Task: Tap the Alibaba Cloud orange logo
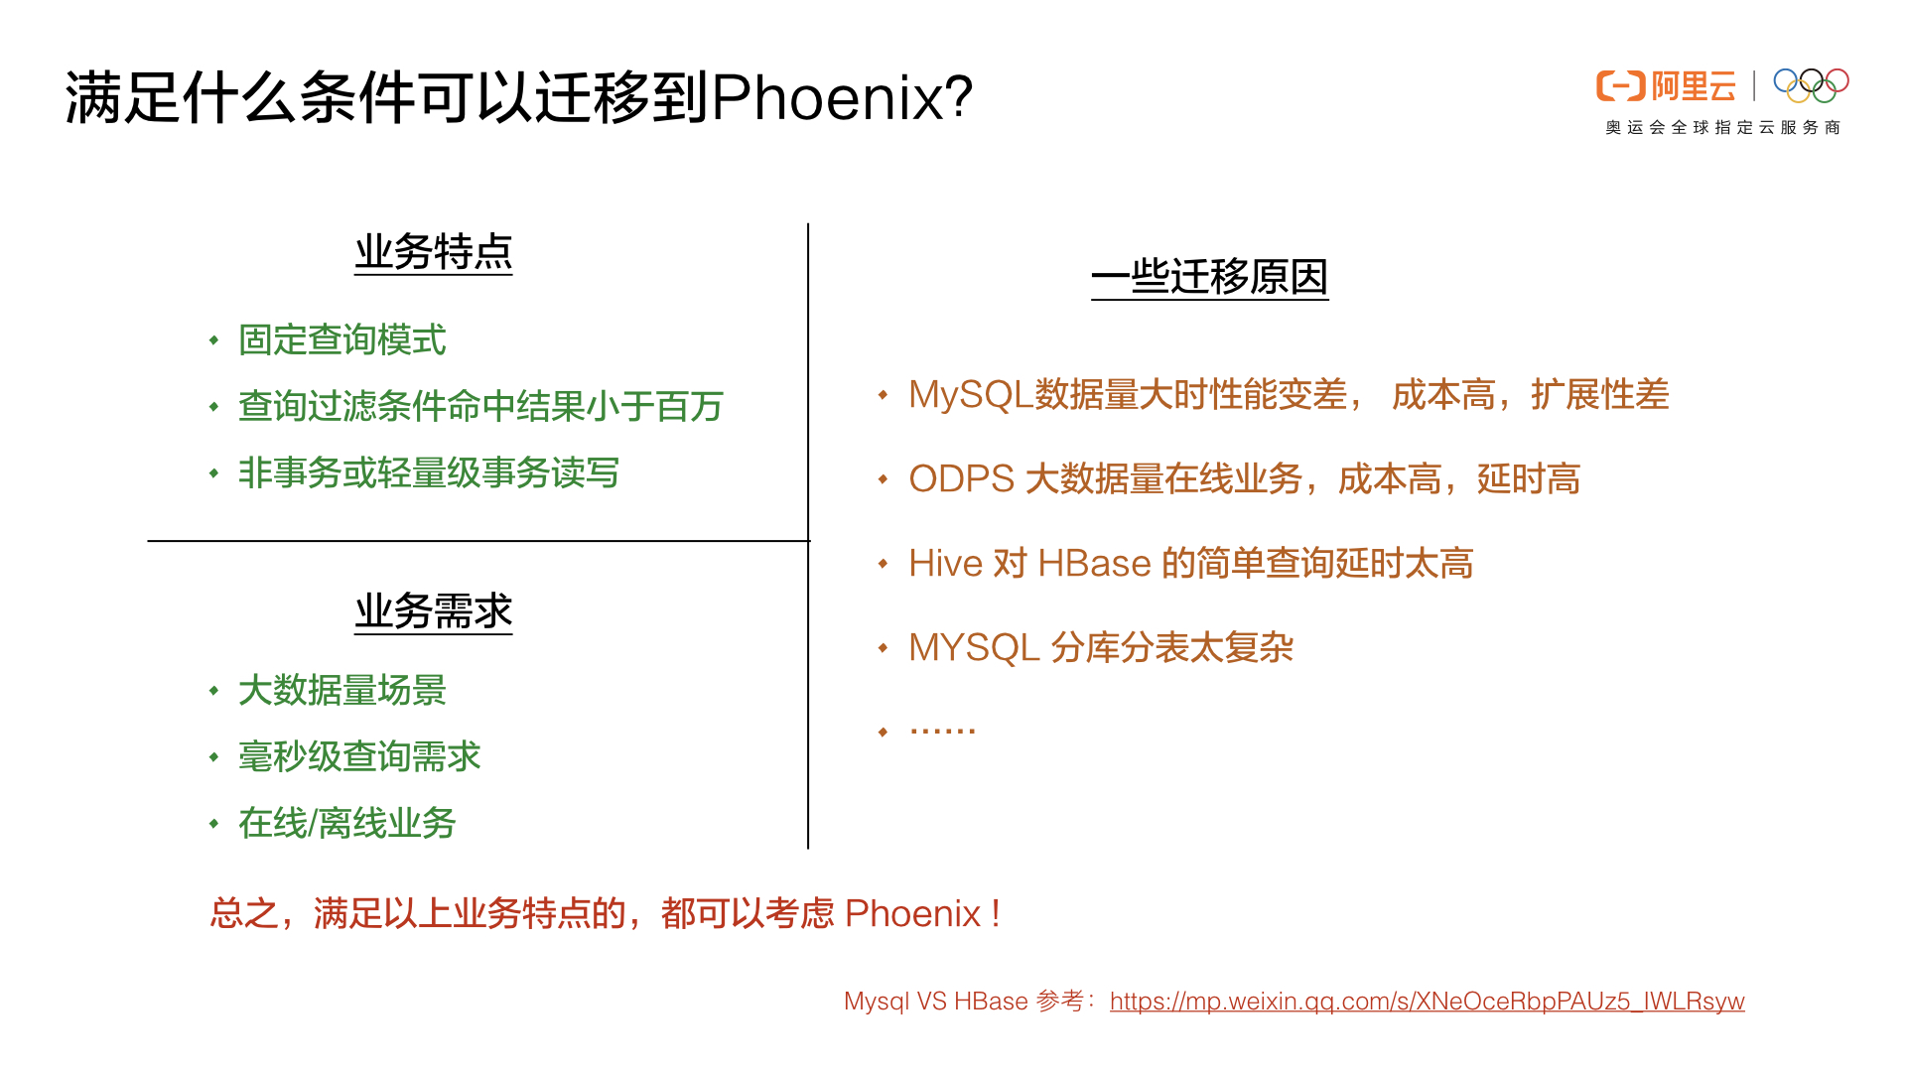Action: pyautogui.click(x=1665, y=86)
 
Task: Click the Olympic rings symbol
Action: pyautogui.click(x=1811, y=85)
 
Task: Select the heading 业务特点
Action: pyautogui.click(x=434, y=252)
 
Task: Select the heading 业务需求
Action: pyautogui.click(x=434, y=611)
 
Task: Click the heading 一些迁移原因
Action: pyautogui.click(x=1209, y=277)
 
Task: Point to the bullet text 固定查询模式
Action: pyautogui.click(x=341, y=340)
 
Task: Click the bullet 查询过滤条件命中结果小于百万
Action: pyautogui.click(x=480, y=407)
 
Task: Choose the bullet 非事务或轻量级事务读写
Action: pyautogui.click(x=428, y=473)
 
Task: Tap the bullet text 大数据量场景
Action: pyautogui.click(x=341, y=691)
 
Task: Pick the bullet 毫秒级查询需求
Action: pyautogui.click(x=358, y=757)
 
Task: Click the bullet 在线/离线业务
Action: pyautogui.click(x=346, y=824)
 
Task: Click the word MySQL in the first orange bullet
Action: pyautogui.click(x=970, y=395)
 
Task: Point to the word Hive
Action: pyautogui.click(x=944, y=564)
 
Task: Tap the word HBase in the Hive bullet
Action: pyautogui.click(x=1093, y=564)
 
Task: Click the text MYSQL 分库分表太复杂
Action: pyautogui.click(x=1100, y=648)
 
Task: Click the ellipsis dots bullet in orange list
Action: pyautogui.click(x=942, y=732)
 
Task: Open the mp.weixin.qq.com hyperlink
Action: pyautogui.click(x=1427, y=1002)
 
